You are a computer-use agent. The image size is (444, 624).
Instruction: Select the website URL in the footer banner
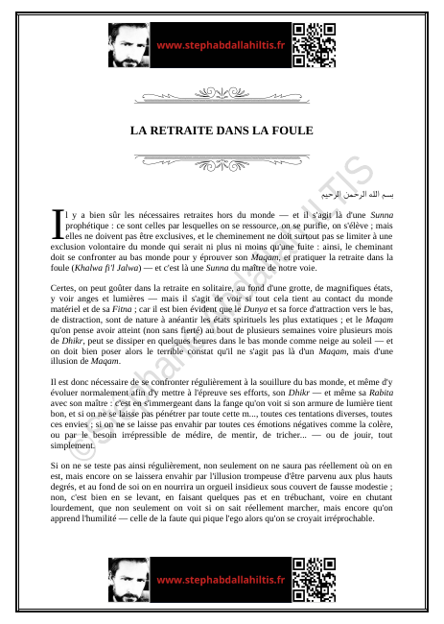(x=221, y=580)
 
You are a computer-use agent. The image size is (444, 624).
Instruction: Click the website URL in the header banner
(x=221, y=45)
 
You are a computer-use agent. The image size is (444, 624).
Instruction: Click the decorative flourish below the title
(x=222, y=160)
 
